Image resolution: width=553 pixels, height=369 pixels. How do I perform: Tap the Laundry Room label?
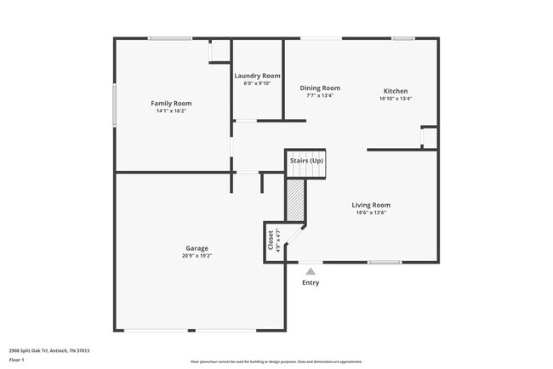[x=257, y=76]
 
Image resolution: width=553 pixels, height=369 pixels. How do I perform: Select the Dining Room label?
[x=320, y=88]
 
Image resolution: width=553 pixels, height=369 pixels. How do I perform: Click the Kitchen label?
[x=395, y=91]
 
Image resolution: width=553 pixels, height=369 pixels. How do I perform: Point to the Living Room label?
[x=371, y=205]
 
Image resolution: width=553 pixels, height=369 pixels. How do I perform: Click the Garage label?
[x=197, y=248]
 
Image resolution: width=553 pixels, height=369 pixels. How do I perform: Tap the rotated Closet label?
[x=271, y=241]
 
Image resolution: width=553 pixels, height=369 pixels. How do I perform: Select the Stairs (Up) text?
[x=306, y=161]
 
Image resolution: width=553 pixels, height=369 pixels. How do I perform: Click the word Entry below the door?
[x=311, y=282]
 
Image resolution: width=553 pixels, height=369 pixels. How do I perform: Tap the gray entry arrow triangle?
[x=311, y=271]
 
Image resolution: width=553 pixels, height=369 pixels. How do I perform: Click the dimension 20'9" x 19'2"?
[x=197, y=256]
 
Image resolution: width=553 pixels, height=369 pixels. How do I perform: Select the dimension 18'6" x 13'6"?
[x=371, y=213]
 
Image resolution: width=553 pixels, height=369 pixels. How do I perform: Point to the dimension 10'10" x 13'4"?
[x=395, y=99]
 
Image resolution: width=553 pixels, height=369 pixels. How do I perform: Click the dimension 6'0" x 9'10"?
[x=257, y=83]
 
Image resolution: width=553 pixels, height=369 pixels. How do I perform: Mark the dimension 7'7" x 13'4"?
[x=320, y=95]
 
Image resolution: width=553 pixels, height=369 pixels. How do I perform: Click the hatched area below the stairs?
[x=295, y=201]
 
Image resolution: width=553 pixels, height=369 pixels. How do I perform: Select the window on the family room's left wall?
[x=116, y=105]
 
